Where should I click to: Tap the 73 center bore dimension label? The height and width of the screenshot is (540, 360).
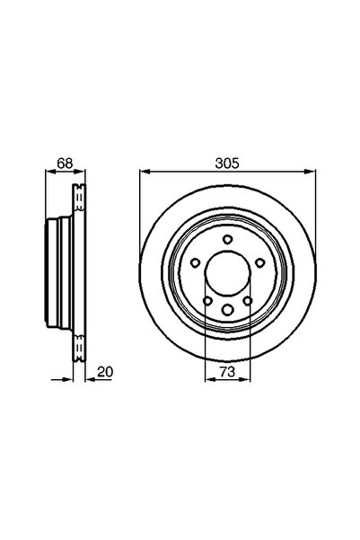pos(229,368)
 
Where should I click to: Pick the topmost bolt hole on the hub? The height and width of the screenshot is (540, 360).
pos(228,238)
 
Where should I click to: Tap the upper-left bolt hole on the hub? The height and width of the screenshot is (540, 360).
pos(195,262)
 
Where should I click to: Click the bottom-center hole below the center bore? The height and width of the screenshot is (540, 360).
pos(228,310)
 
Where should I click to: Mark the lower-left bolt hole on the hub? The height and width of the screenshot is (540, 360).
pos(207,302)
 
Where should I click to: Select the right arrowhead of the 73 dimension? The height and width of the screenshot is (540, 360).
pos(248,378)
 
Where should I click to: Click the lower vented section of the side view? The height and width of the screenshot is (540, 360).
pos(79,347)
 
